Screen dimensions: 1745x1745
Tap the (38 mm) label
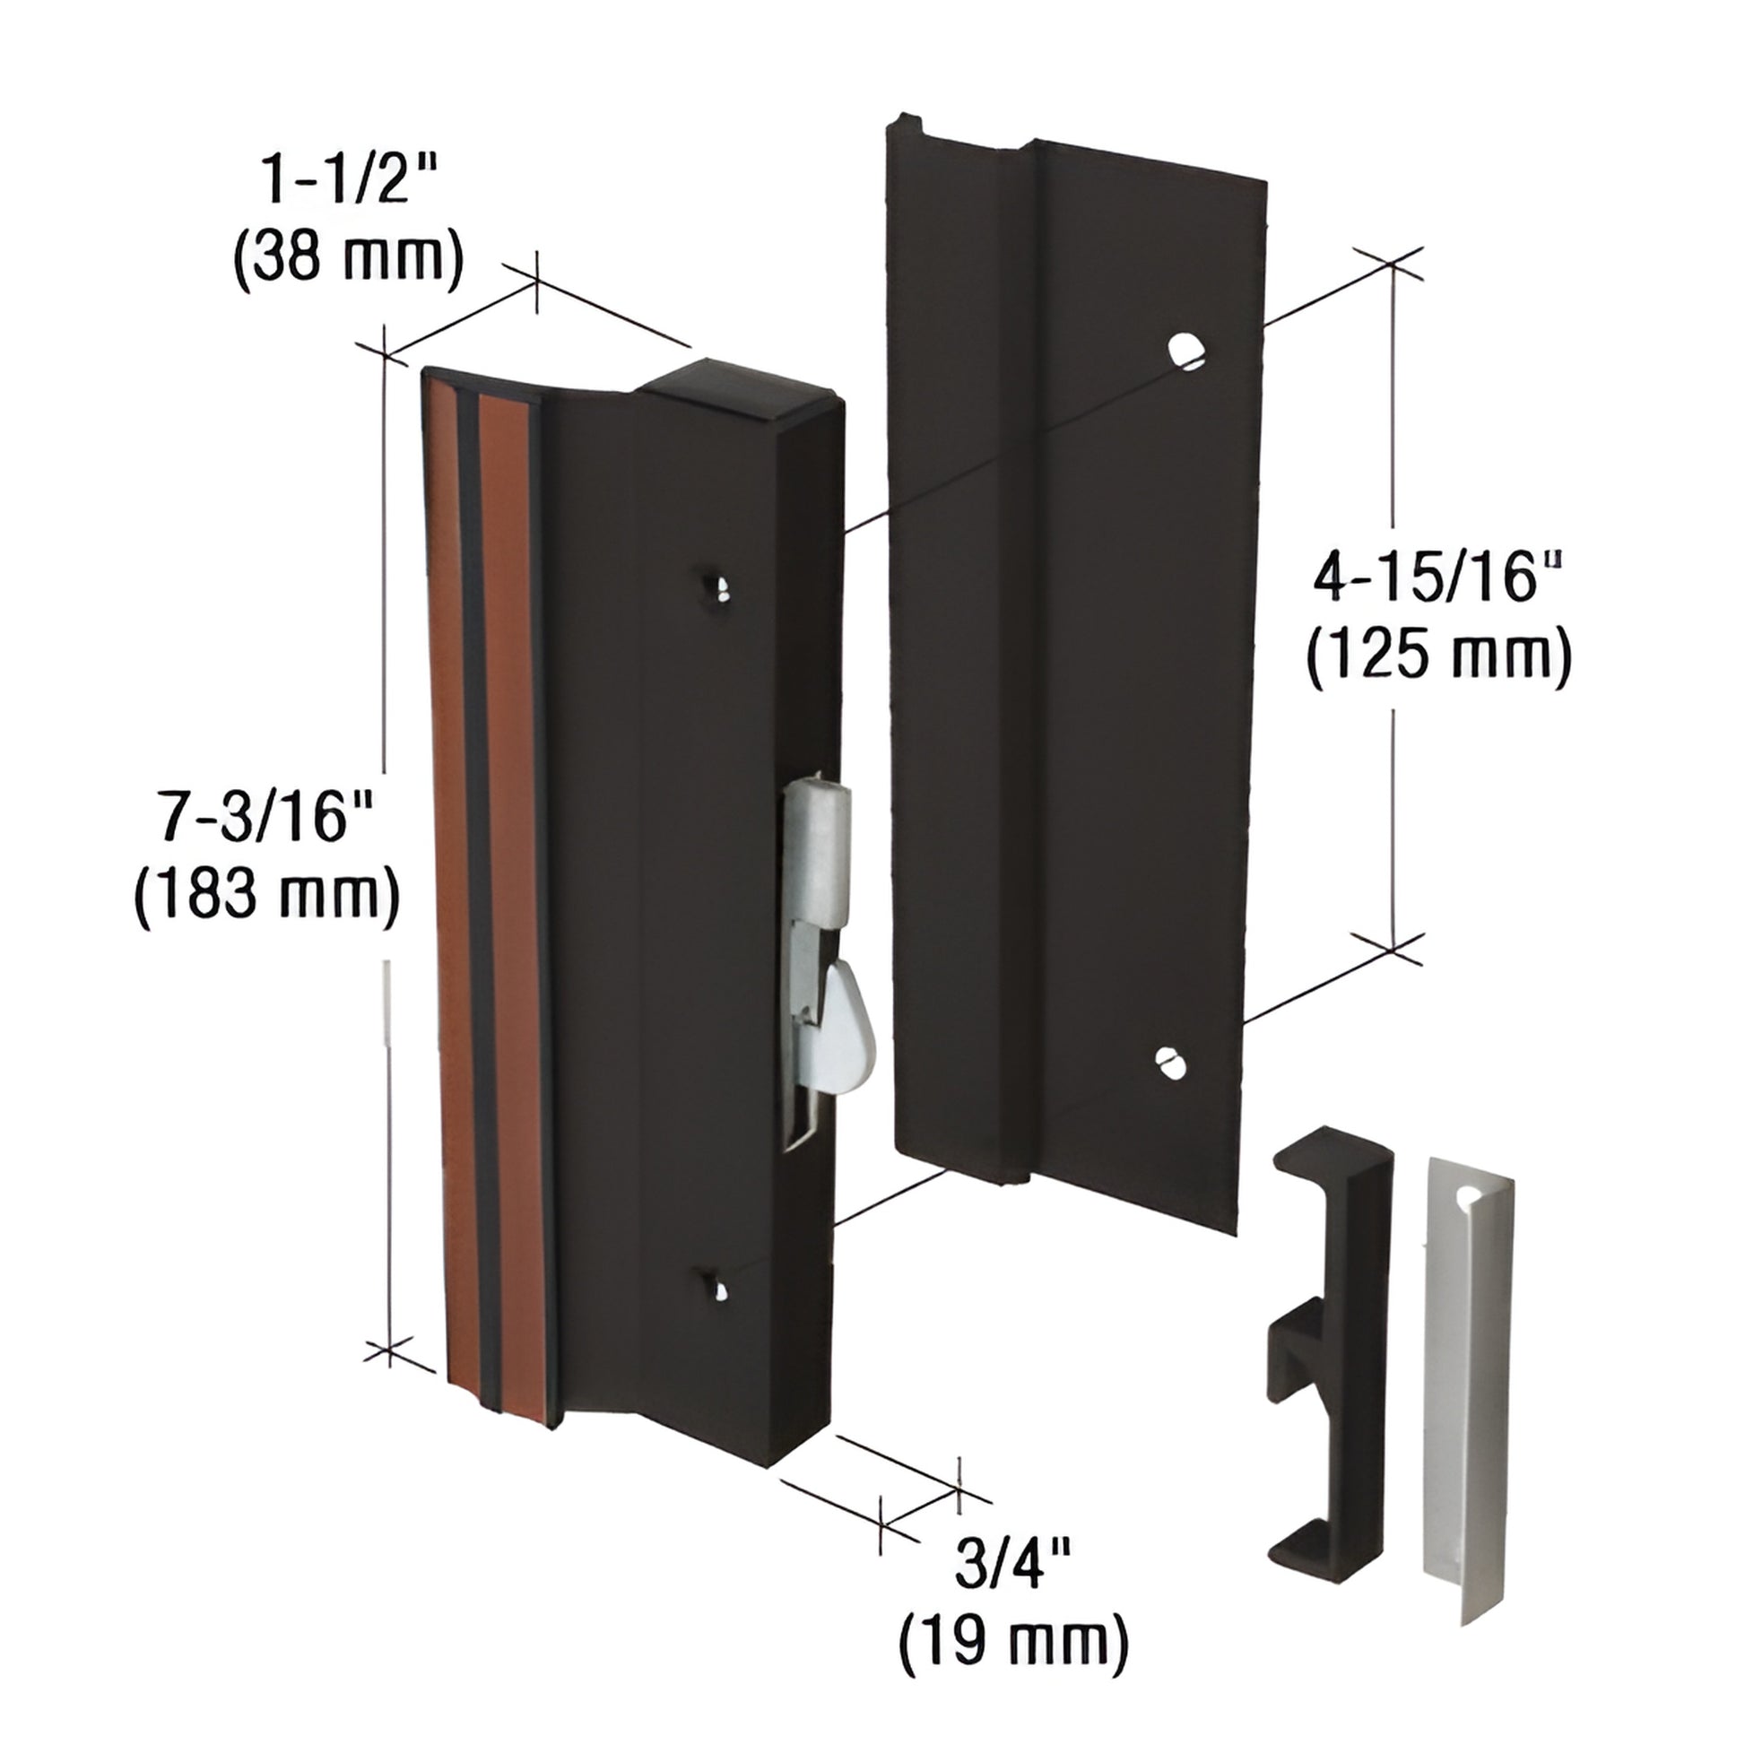tap(349, 259)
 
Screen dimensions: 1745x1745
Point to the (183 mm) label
tap(266, 893)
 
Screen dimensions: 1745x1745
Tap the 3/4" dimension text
tap(1012, 1566)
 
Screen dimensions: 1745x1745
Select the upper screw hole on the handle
tap(720, 587)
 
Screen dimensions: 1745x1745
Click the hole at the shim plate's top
tap(1471, 1197)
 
